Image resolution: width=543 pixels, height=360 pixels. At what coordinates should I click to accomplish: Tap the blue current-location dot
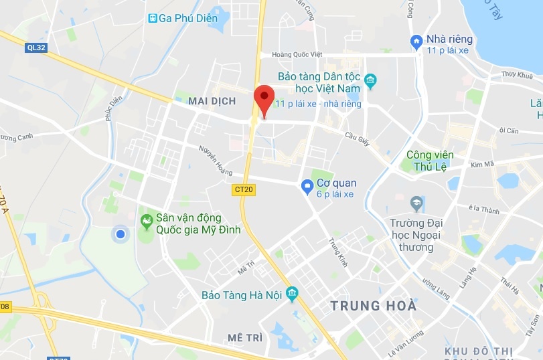[121, 234]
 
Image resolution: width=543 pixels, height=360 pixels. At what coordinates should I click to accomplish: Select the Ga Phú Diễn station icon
[153, 18]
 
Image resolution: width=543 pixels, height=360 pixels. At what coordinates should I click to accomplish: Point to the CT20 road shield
[244, 189]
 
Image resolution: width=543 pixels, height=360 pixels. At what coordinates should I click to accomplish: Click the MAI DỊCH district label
[212, 101]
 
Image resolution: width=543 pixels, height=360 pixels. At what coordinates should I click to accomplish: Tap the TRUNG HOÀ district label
[374, 306]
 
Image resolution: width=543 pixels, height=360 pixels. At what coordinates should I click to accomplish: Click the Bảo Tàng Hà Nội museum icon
[291, 294]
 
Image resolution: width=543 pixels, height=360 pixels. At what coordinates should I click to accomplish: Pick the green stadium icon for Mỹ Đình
[145, 220]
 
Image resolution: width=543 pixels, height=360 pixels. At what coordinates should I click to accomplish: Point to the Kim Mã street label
[481, 164]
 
